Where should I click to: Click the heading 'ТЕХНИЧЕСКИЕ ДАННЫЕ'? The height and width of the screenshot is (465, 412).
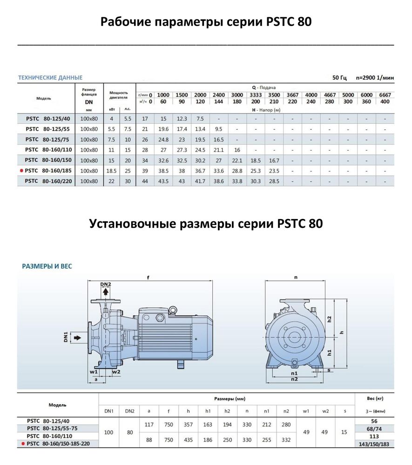(50, 78)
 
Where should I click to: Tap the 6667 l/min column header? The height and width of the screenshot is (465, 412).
(385, 95)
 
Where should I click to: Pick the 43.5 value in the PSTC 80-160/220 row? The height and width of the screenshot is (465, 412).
(163, 181)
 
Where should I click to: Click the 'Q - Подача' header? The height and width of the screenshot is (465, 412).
(264, 87)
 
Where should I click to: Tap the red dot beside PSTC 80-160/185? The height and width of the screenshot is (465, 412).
(21, 171)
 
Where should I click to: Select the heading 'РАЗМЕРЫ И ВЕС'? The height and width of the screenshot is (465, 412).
(47, 266)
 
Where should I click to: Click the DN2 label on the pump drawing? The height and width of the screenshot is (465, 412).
(106, 285)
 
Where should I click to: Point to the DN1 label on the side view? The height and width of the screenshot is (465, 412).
(66, 336)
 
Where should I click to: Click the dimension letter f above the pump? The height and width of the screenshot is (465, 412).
(148, 278)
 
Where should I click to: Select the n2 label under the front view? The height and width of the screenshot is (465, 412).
(294, 379)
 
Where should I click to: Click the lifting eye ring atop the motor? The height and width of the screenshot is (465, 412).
(173, 309)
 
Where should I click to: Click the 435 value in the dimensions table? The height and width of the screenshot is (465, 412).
(188, 440)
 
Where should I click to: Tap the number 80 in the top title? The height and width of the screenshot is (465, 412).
(303, 21)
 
